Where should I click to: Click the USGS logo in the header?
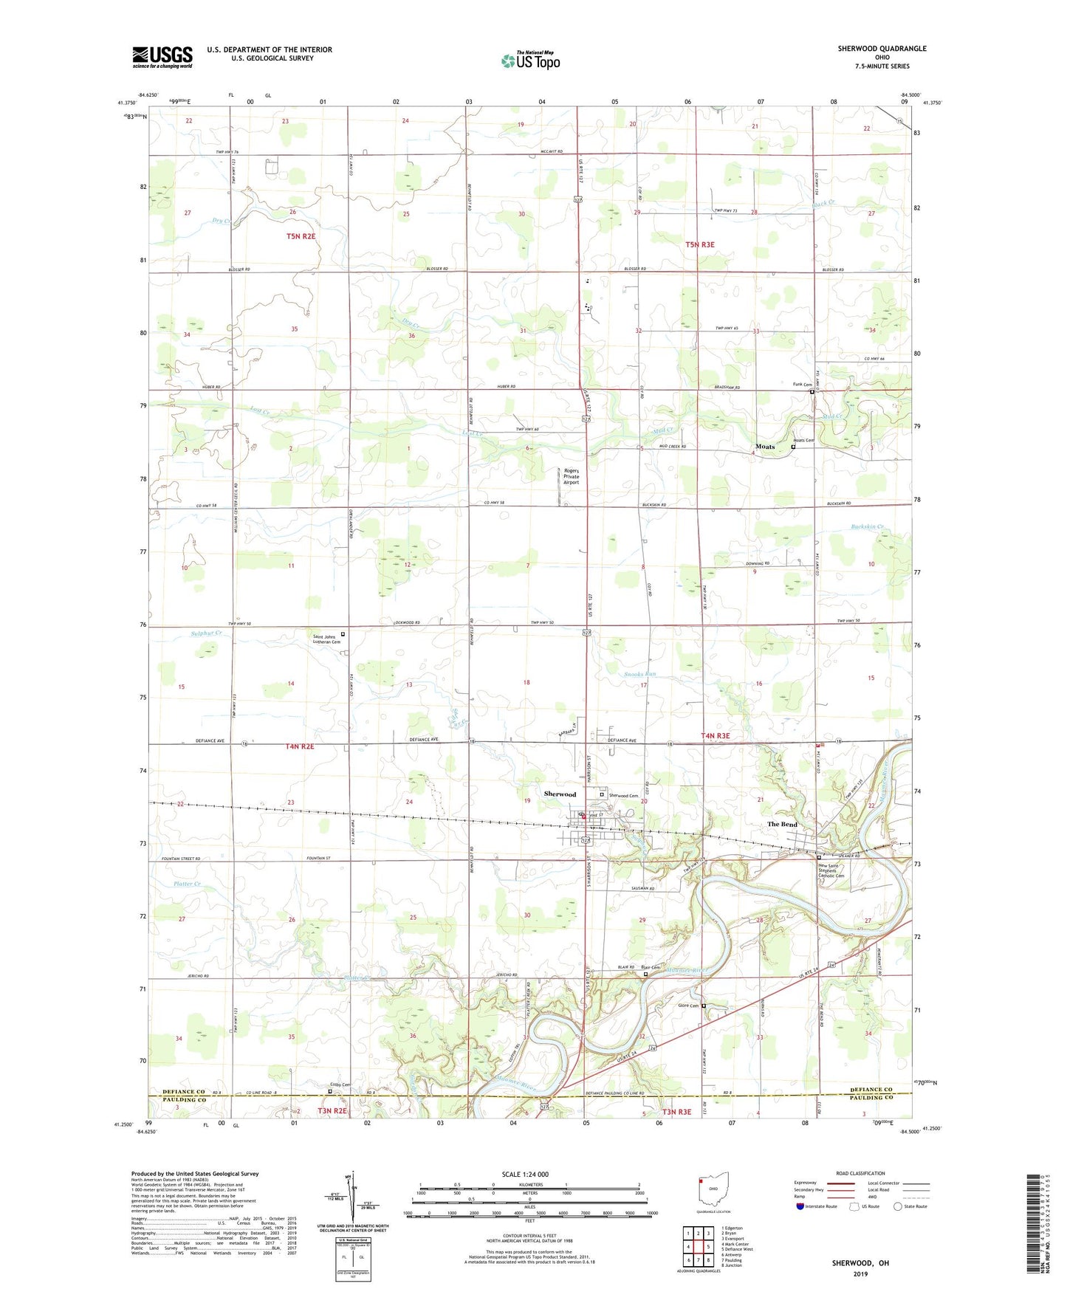tap(162, 57)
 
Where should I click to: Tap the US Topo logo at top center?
tap(529, 61)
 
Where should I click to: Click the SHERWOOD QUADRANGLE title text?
tap(882, 49)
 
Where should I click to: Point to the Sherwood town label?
tap(559, 794)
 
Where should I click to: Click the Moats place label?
tap(765, 447)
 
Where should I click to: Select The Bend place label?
tap(782, 824)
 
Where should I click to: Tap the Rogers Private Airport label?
tap(572, 476)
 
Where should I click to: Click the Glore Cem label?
tap(687, 1006)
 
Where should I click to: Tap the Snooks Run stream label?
tap(639, 674)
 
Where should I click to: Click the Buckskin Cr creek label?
tap(867, 527)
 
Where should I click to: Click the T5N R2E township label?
tap(301, 236)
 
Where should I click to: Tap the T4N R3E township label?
tap(714, 735)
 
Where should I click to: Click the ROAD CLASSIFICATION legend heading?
tap(860, 1173)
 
